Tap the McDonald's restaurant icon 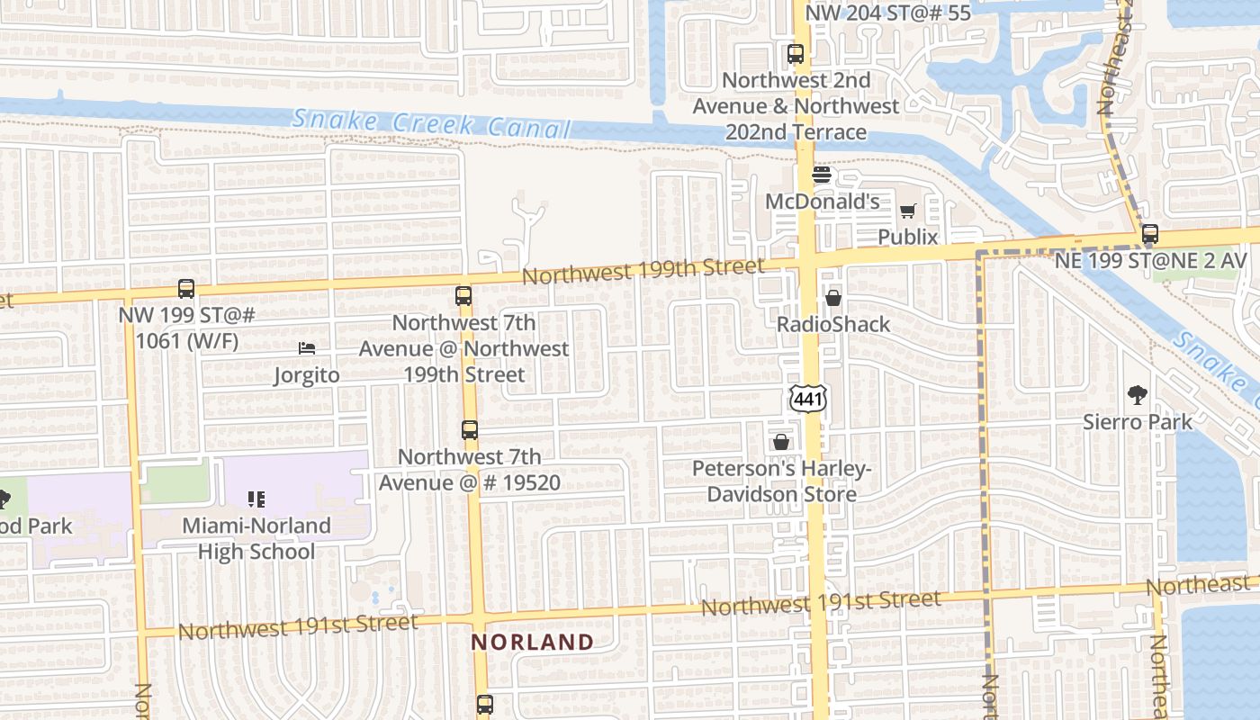tap(821, 175)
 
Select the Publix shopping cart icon tap(907, 211)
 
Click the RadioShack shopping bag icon tap(833, 298)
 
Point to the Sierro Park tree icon tap(1138, 394)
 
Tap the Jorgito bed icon tap(307, 348)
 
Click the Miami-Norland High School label tap(256, 538)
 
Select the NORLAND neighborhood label tap(533, 643)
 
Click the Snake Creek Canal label tap(432, 123)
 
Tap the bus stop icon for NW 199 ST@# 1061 tap(186, 289)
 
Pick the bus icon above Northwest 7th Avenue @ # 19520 tap(470, 430)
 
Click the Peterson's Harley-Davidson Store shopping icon tap(780, 442)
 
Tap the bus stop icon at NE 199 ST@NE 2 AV tap(1149, 234)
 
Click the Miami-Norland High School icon tap(256, 499)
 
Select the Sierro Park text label tap(1138, 421)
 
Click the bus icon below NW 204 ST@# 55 tap(796, 54)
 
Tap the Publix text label tap(908, 237)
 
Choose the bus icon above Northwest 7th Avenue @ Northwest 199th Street tap(463, 295)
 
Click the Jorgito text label tap(307, 374)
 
